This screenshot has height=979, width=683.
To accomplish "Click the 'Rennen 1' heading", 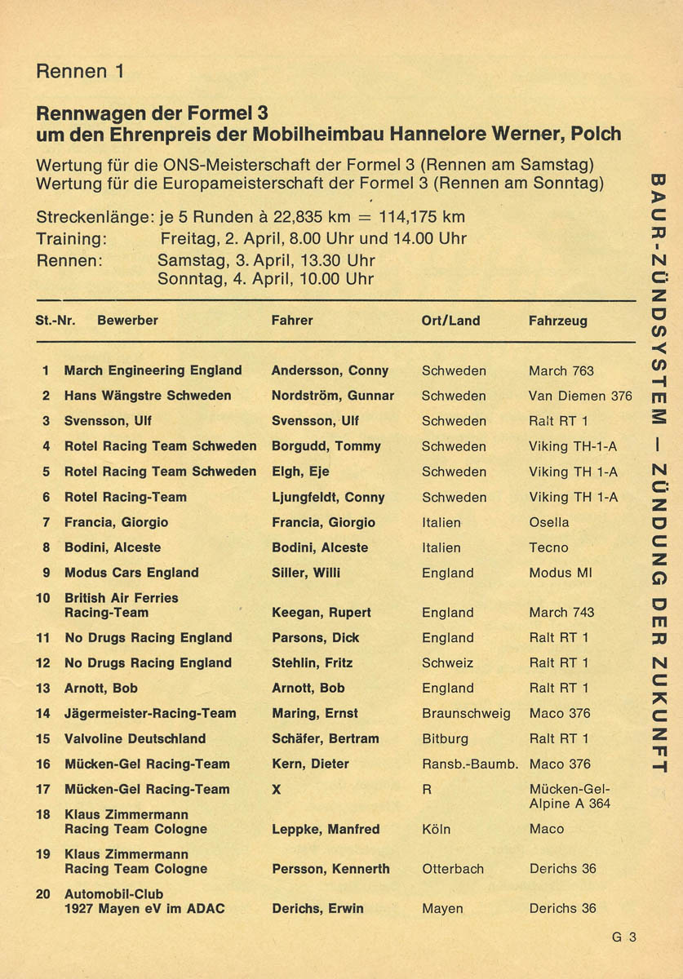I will pos(81,71).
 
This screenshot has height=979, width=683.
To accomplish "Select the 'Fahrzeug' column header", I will pos(557,321).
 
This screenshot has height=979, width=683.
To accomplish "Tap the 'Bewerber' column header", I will pos(127,321).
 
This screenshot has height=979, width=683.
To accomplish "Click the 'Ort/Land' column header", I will pos(450,321).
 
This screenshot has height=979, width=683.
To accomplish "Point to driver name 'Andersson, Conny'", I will pos(330,370).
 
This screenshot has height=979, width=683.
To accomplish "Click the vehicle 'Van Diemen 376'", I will pos(580,396).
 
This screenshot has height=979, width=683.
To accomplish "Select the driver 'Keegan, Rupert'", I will pos(321,612).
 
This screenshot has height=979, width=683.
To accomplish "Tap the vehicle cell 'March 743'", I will pos(561,612).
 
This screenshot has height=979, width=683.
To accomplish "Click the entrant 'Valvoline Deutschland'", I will pos(135,738).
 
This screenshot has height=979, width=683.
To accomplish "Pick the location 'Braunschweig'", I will pos(466,713).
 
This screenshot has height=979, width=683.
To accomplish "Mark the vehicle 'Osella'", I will pos(549,522).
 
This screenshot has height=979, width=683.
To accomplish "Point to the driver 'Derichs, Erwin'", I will pos(317,908).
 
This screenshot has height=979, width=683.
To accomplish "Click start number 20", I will pos(43,893).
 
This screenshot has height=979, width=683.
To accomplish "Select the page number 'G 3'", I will pos(624,937).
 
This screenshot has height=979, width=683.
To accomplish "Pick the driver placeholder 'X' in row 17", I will pos(276,789).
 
